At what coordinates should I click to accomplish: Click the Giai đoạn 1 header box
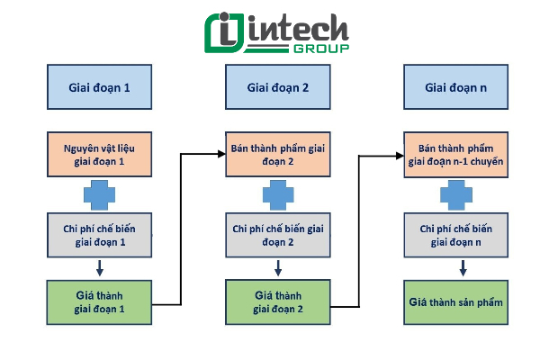click(x=100, y=86)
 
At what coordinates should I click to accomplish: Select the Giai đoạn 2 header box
click(x=278, y=86)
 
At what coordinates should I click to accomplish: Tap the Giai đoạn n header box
click(x=456, y=86)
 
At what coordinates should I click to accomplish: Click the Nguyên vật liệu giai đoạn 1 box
click(x=100, y=154)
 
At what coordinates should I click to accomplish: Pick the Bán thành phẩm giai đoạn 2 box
click(x=278, y=154)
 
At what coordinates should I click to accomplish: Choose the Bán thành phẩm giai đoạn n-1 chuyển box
click(x=456, y=155)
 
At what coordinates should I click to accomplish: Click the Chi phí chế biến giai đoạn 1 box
click(x=100, y=235)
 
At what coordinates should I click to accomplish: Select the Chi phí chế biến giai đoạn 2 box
click(x=278, y=235)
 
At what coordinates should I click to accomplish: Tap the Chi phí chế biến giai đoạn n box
click(x=456, y=235)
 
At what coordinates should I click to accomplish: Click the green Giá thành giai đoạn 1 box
click(x=99, y=302)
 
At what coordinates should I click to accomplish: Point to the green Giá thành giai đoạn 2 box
click(x=278, y=302)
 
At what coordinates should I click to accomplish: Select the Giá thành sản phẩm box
click(x=456, y=302)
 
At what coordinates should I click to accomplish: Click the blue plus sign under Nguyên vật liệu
click(x=100, y=195)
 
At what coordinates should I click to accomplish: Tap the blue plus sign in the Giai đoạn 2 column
click(x=278, y=195)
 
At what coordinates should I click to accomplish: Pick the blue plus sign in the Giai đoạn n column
click(x=456, y=195)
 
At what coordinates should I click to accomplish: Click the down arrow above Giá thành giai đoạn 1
click(x=100, y=268)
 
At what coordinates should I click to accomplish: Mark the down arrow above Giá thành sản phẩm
click(x=463, y=268)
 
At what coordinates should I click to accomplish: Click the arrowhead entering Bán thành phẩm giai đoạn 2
click(x=221, y=154)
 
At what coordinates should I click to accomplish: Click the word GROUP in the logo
click(x=321, y=49)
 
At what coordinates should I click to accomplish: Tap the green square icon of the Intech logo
click(x=224, y=33)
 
